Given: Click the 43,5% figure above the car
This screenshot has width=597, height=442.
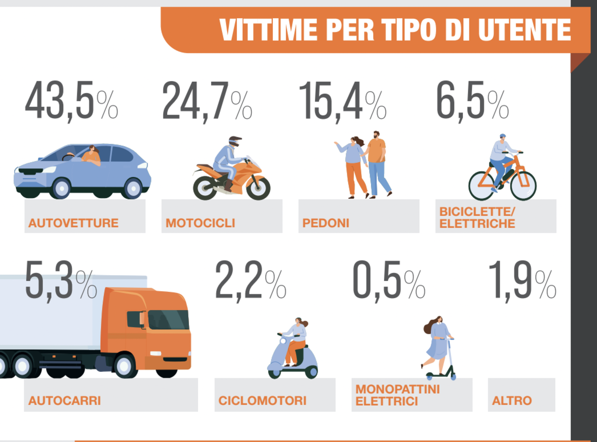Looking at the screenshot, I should click(x=71, y=101).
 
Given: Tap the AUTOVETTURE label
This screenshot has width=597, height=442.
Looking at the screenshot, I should click(x=73, y=223).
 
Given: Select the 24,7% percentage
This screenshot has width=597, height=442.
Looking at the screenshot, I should click(x=207, y=101).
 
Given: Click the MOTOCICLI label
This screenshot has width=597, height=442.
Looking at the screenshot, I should click(x=200, y=223).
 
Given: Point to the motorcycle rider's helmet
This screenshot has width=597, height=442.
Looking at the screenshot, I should click(x=235, y=141).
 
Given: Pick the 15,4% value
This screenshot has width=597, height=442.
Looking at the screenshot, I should click(x=343, y=101).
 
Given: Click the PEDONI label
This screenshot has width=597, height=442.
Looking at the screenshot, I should click(x=326, y=223).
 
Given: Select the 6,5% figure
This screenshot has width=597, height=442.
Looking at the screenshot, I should click(x=472, y=101).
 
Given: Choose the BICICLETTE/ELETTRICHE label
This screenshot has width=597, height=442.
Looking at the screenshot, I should click(x=477, y=218).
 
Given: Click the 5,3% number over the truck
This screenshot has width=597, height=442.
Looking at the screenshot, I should click(x=61, y=281).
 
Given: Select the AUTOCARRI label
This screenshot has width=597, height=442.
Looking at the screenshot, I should click(x=65, y=401).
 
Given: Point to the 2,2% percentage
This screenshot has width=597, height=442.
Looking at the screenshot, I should click(x=250, y=281).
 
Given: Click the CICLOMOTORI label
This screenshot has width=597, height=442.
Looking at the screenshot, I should click(x=263, y=401).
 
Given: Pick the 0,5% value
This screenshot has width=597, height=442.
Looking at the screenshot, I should click(x=388, y=281).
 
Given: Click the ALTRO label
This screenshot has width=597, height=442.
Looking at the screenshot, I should click(x=512, y=401).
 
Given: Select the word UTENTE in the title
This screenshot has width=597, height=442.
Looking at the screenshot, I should click(x=524, y=30).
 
